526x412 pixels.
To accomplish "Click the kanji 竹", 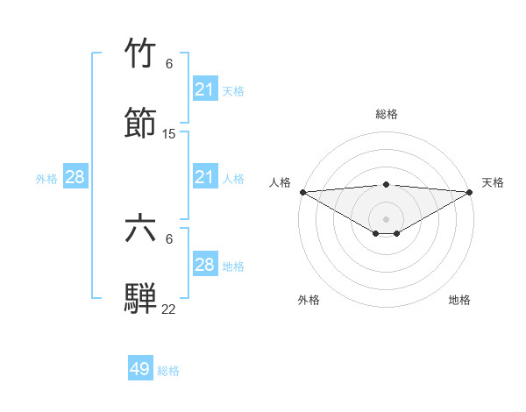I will pos(141,54).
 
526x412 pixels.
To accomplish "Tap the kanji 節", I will pos(141,123).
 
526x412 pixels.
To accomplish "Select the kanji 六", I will pos(141,229).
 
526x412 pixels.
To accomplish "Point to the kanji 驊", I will pos(141,298).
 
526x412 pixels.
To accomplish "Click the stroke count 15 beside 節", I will pos(169,134).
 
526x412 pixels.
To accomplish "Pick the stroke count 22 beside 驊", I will pos(169,309).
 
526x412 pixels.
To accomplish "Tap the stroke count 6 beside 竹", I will pos(169,64).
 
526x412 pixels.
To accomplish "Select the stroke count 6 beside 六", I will pos(169,239).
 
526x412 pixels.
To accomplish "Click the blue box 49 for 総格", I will pos(140,369).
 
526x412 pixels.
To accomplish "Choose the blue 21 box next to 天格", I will pos(205,89).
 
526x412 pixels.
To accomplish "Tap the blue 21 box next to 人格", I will pos(205,177).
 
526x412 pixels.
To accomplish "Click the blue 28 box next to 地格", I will pos(205,265).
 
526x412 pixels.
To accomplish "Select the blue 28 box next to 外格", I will pos(75,177).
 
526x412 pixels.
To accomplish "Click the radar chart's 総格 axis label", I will pos(387,114).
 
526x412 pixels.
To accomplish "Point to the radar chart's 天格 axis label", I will pos(493,182).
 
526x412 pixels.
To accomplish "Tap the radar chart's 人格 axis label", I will pos(281,182).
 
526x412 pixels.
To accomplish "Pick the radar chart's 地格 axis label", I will pos(459,300).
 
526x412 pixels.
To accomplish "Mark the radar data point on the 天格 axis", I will pos(471,192).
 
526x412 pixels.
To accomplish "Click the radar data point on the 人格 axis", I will pos(302,192).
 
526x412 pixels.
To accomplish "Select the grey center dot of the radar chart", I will pos(387,218).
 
